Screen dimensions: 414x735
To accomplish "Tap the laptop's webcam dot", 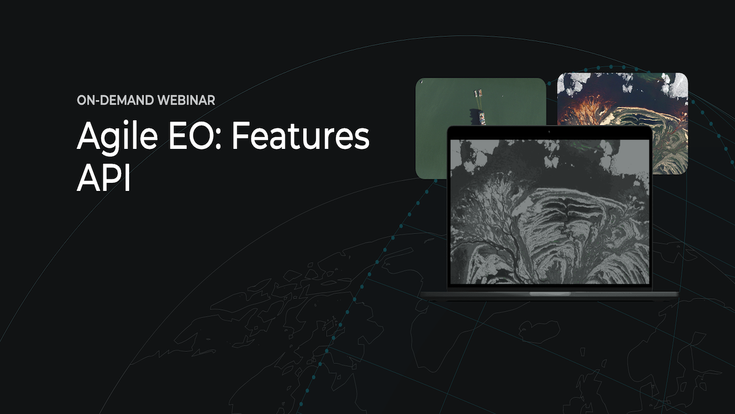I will [x=550, y=132].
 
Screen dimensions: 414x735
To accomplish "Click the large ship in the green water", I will [x=482, y=118].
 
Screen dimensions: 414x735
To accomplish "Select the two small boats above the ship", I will [x=478, y=93].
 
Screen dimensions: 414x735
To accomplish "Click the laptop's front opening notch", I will [x=550, y=293].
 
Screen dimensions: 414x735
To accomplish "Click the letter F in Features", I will [x=241, y=136].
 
